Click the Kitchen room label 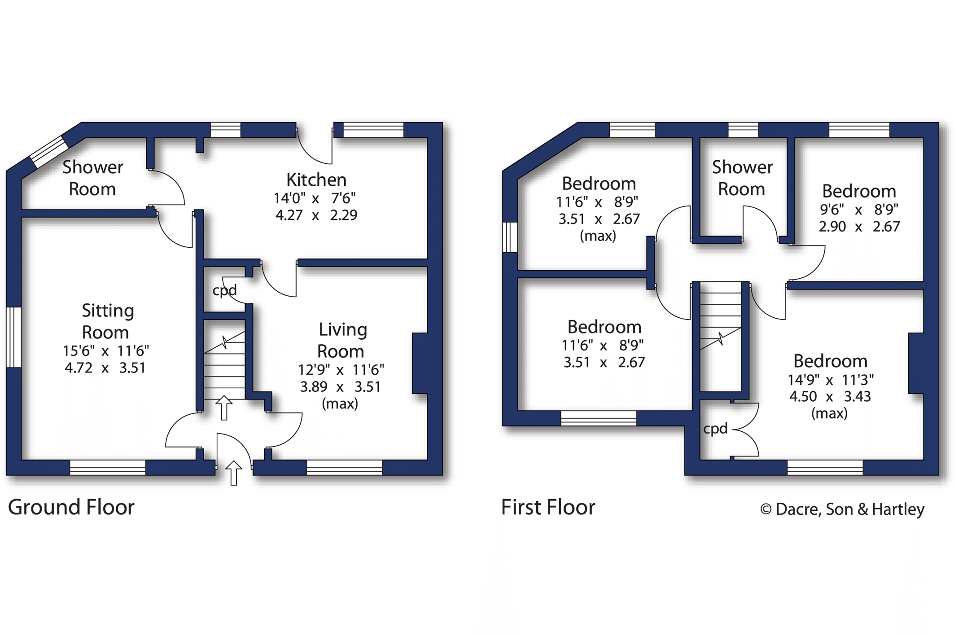pyautogui.click(x=316, y=180)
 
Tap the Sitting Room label pyautogui.click(x=107, y=321)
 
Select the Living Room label pyautogui.click(x=342, y=340)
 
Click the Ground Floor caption pyautogui.click(x=71, y=507)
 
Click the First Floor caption pyautogui.click(x=548, y=508)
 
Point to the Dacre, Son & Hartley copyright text pyautogui.click(x=842, y=509)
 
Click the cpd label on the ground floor pyautogui.click(x=224, y=290)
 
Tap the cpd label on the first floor pyautogui.click(x=715, y=429)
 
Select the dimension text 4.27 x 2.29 pyautogui.click(x=316, y=215)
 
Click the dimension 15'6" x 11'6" pyautogui.click(x=106, y=351)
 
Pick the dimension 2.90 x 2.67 pyautogui.click(x=859, y=227)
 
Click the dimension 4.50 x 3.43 pyautogui.click(x=830, y=397)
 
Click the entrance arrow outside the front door pyautogui.click(x=233, y=473)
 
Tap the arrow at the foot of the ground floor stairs pyautogui.click(x=224, y=408)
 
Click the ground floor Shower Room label pyautogui.click(x=92, y=178)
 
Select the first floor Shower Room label pyautogui.click(x=742, y=178)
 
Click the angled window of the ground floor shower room pyautogui.click(x=49, y=152)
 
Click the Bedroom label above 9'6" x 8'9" pyautogui.click(x=859, y=191)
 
